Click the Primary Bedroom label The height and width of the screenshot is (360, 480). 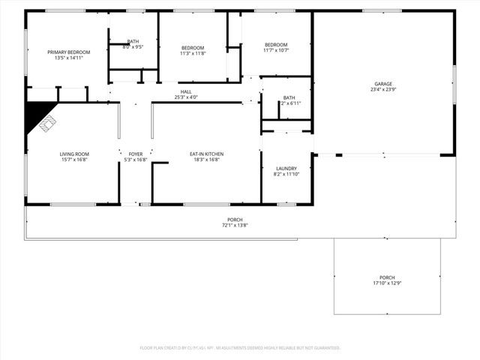(x=69, y=52)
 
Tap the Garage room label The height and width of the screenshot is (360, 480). (x=383, y=84)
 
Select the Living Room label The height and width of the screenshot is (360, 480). (x=75, y=154)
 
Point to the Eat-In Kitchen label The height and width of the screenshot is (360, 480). (x=206, y=154)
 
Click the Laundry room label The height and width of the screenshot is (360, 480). (x=286, y=168)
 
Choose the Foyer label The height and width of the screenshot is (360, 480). (x=136, y=154)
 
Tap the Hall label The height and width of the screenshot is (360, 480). (x=186, y=91)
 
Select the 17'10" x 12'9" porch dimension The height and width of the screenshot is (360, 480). (x=387, y=283)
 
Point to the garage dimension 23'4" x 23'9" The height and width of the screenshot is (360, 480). (x=383, y=89)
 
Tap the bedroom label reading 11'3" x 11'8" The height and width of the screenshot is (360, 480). (x=193, y=53)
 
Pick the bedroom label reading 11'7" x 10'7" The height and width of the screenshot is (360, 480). (x=276, y=50)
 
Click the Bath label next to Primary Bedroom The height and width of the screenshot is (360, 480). (x=133, y=41)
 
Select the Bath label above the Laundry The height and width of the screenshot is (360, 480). (x=289, y=97)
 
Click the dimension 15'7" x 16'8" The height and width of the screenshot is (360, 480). (x=75, y=159)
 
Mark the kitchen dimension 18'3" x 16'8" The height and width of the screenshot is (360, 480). (x=206, y=159)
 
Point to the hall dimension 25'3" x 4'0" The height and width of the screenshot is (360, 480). (x=186, y=97)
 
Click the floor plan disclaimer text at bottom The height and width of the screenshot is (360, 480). (x=240, y=348)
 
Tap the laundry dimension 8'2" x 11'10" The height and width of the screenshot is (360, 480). (x=286, y=173)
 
